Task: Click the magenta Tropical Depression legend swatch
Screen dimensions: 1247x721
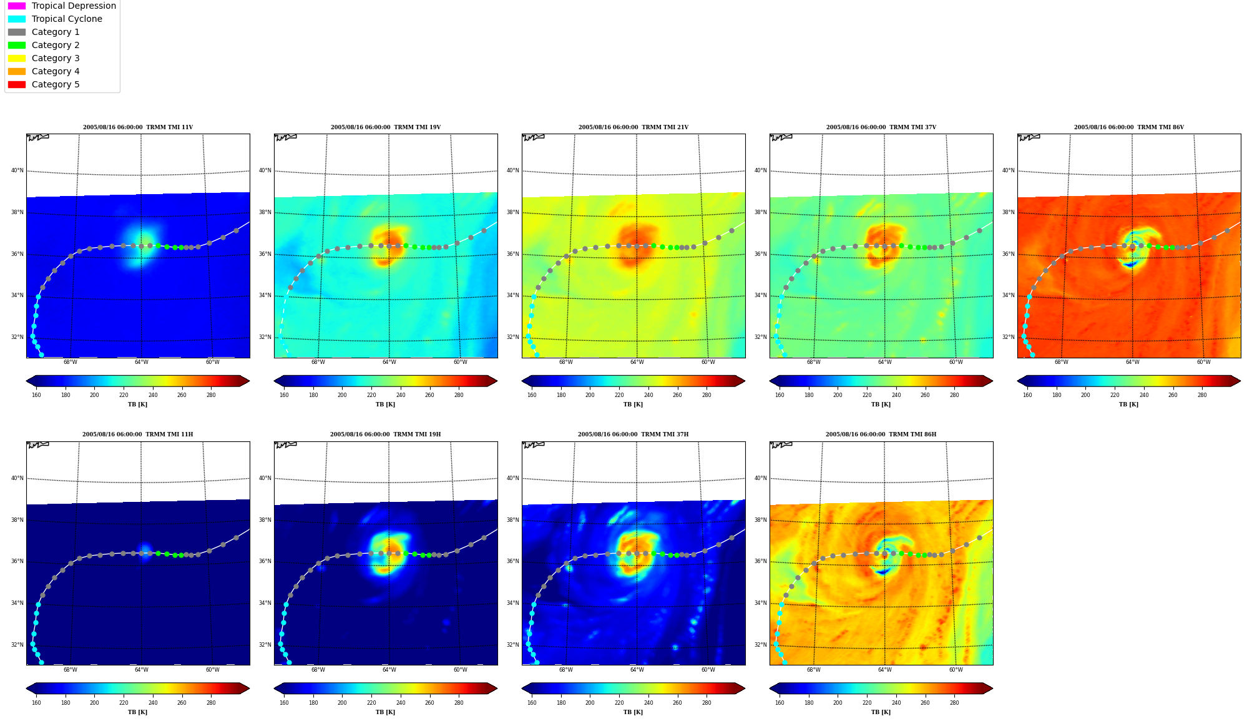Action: point(17,6)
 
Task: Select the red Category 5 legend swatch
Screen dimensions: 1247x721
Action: point(17,84)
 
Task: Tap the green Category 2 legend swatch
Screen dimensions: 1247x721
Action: point(17,45)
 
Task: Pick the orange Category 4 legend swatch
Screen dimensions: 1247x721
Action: point(17,71)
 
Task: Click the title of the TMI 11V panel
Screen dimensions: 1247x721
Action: point(138,127)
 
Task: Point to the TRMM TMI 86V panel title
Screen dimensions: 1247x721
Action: point(1128,127)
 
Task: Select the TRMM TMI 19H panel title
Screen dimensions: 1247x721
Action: point(385,434)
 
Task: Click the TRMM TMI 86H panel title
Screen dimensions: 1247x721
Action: point(881,434)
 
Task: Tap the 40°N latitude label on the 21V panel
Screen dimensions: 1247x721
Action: point(512,170)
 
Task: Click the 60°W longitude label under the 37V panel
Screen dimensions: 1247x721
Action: point(956,362)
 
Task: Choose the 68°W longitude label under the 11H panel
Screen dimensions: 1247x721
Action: point(71,670)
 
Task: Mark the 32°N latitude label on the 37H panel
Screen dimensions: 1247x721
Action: point(512,645)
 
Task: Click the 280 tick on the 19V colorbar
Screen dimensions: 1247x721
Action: point(459,395)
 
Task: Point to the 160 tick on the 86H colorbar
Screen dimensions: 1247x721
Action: point(780,703)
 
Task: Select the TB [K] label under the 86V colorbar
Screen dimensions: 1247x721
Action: point(1128,405)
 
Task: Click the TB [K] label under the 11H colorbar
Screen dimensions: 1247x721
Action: point(138,712)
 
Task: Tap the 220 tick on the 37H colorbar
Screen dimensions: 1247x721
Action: point(619,703)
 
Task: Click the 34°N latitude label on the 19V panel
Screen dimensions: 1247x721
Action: point(265,295)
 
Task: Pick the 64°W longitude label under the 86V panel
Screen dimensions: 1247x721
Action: point(1132,362)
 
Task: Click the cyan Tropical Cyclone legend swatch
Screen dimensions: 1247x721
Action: point(17,19)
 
